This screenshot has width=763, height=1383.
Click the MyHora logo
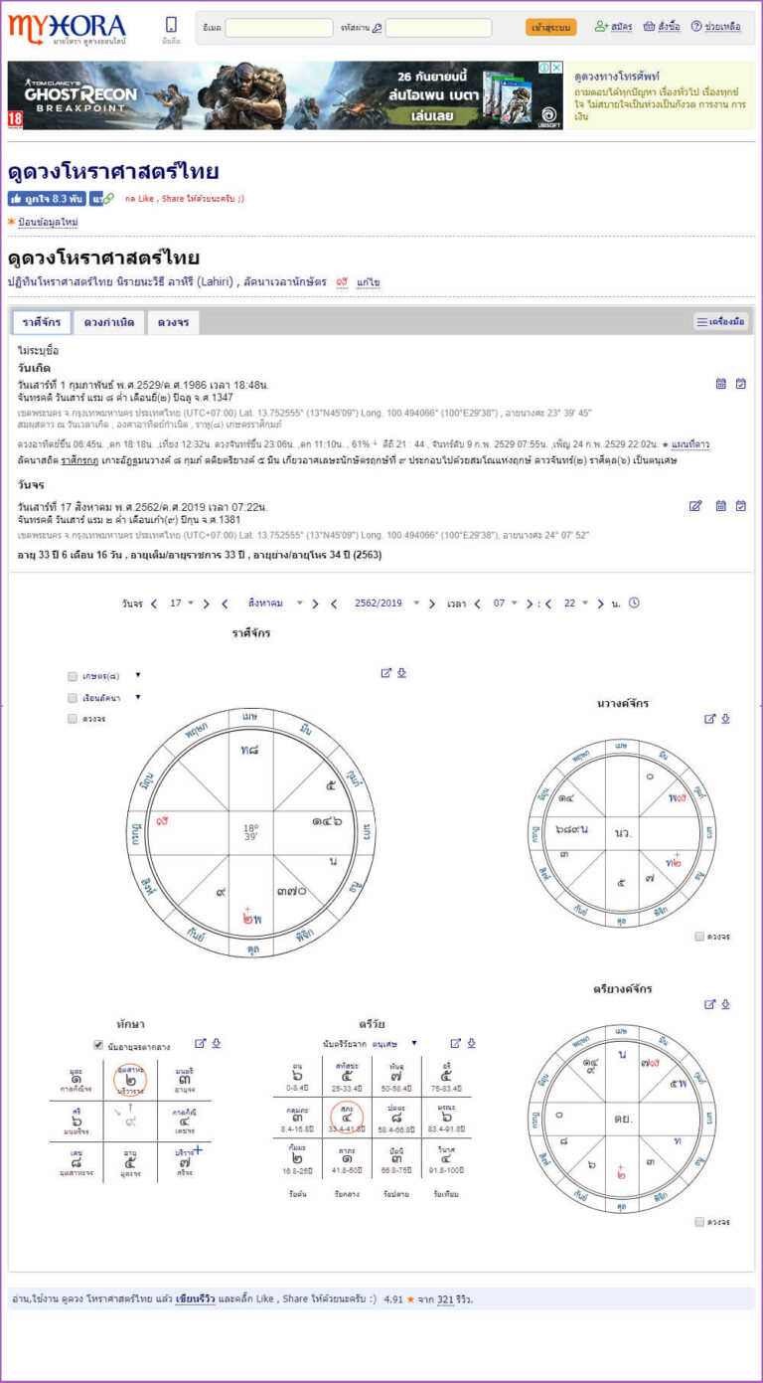click(67, 26)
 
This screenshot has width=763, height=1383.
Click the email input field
click(278, 28)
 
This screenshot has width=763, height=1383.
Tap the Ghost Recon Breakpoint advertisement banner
click(285, 95)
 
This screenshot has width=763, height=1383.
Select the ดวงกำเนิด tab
click(109, 322)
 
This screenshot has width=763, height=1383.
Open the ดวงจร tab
click(173, 322)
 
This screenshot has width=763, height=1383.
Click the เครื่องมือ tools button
click(720, 322)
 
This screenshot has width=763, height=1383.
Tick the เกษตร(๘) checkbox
click(73, 676)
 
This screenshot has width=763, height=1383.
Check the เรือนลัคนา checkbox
click(73, 697)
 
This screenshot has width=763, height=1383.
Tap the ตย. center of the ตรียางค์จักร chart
click(624, 1119)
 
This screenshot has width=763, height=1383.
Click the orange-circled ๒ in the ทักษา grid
click(130, 1079)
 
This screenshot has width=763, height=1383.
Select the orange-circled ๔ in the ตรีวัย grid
click(347, 1117)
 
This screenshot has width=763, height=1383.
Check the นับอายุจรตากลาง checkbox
click(98, 1045)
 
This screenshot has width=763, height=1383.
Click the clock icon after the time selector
click(634, 603)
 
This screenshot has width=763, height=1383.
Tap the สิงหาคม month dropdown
click(271, 604)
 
